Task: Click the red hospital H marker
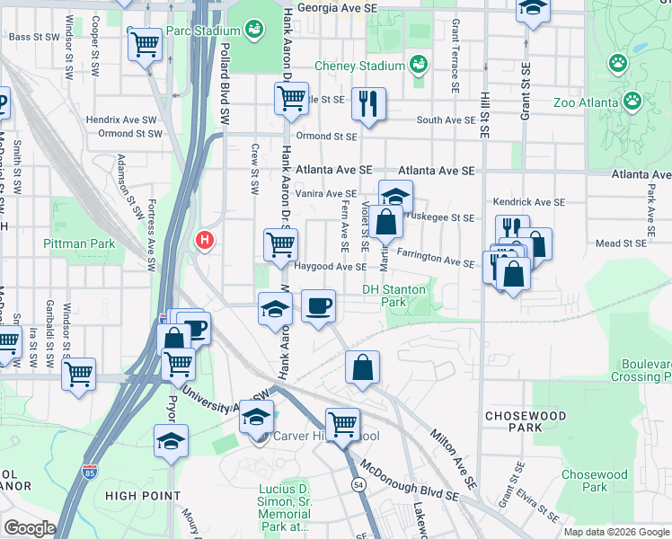point(205,240)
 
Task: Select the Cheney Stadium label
point(359,66)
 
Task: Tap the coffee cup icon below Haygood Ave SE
point(318,307)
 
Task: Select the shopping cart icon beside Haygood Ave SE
point(280,243)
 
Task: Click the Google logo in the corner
point(30,528)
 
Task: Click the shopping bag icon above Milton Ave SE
point(362,367)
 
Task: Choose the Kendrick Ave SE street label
point(529,203)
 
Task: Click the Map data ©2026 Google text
point(615,532)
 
